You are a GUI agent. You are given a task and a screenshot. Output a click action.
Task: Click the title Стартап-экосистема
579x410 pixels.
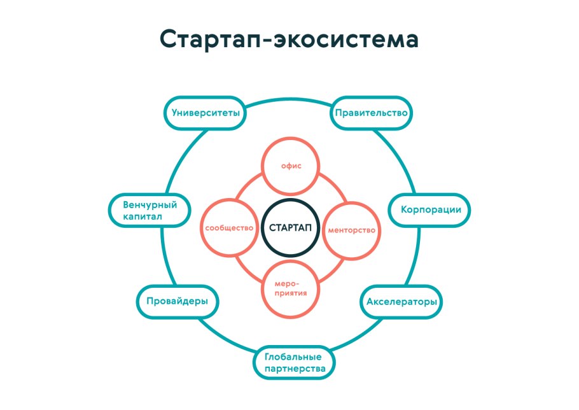tap(289, 39)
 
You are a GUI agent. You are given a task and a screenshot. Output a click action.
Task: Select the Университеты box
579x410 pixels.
tap(205, 113)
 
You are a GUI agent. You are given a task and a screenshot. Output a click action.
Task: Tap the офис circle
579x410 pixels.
tap(291, 166)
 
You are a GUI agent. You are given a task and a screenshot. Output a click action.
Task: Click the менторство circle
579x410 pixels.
tap(351, 229)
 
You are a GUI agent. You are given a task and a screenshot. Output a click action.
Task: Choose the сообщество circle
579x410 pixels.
tap(230, 228)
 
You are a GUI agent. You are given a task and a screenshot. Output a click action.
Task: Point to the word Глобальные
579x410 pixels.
tap(295, 356)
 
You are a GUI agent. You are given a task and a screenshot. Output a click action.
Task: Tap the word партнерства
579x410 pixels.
tap(295, 369)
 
